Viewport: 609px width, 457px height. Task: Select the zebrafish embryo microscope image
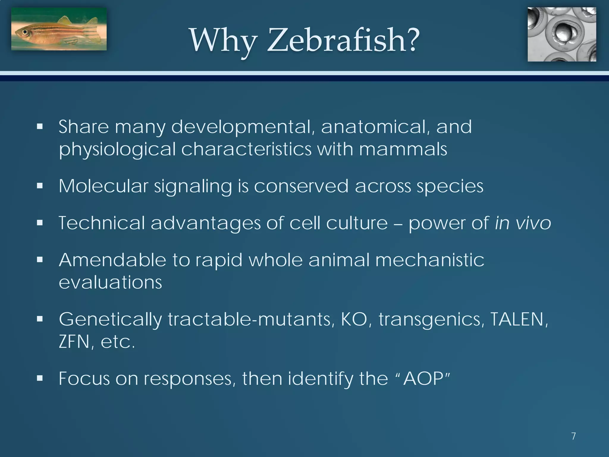562,35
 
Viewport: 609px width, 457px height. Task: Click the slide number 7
574,436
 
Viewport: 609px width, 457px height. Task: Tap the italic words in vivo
523,223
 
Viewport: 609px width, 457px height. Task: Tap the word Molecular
103,186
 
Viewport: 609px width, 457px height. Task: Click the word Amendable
112,260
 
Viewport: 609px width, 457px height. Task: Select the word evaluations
110,282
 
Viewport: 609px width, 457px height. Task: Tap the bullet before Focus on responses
40,378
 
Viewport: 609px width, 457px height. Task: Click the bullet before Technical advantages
40,223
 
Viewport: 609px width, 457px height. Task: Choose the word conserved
301,186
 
